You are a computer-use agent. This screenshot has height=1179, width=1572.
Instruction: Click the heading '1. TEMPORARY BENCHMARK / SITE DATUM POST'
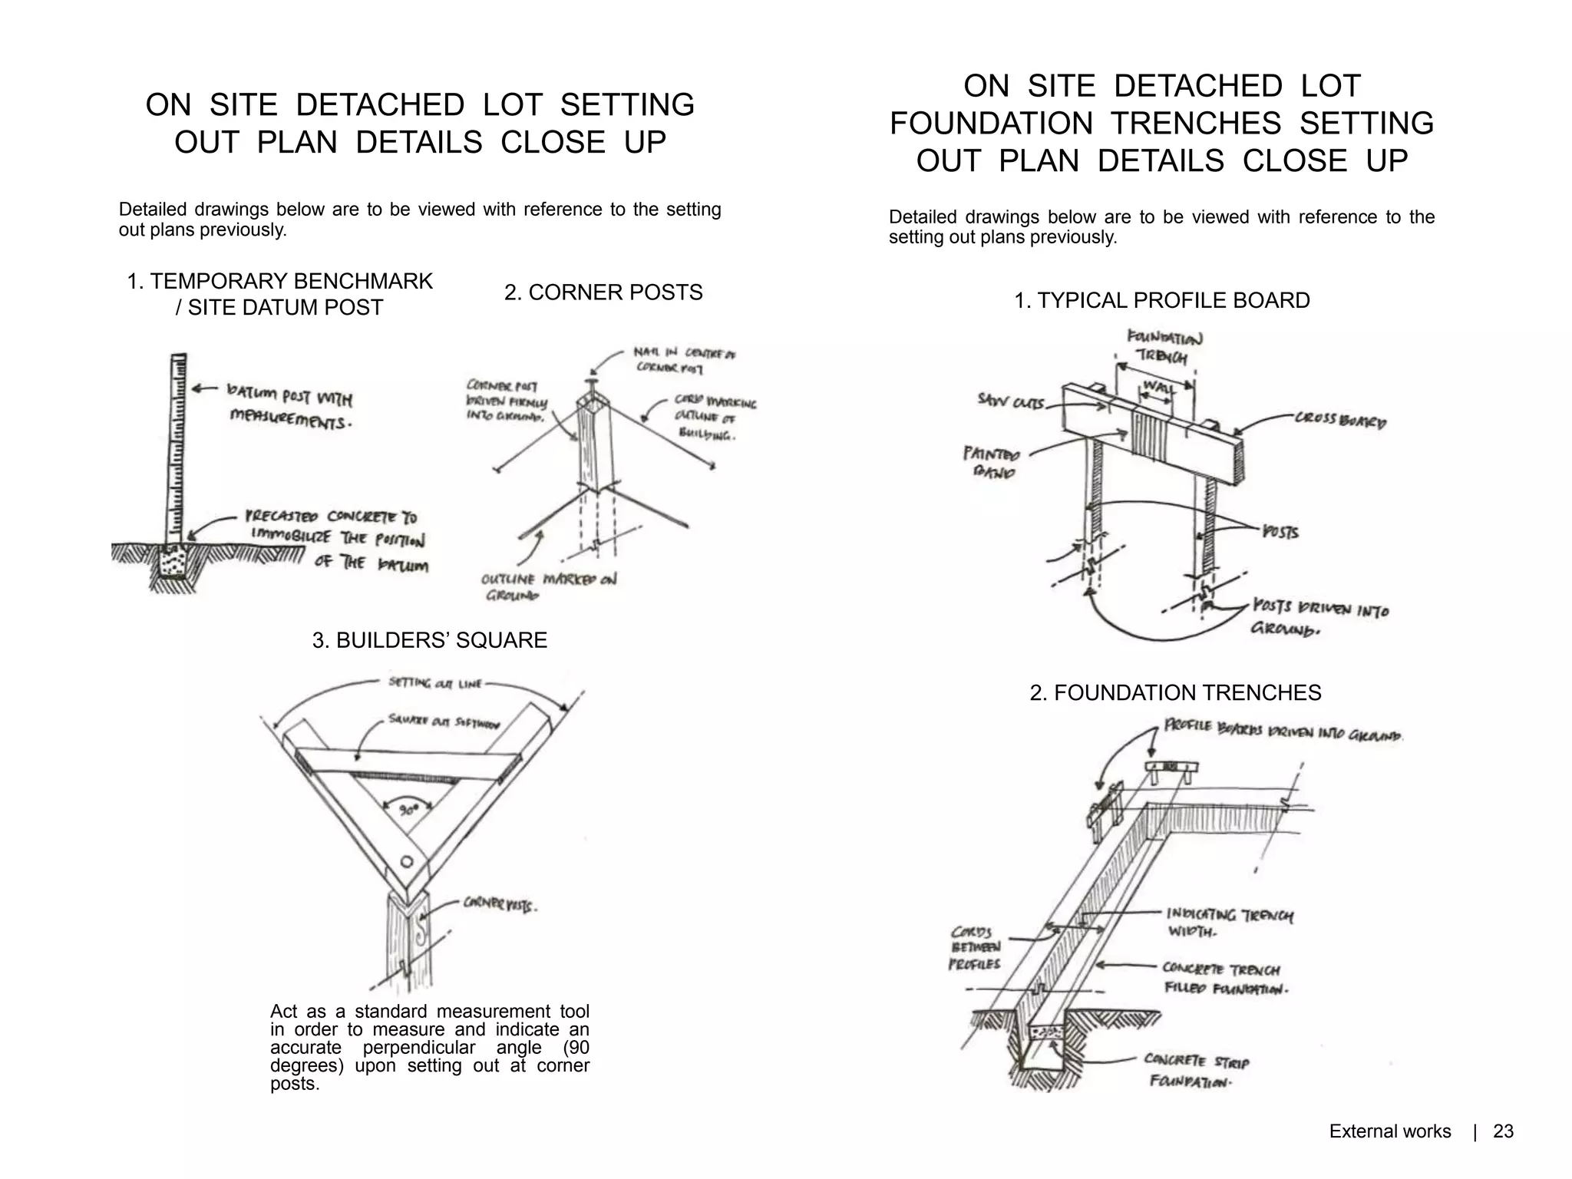click(279, 294)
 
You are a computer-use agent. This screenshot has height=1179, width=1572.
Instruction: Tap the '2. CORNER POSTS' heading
click(603, 292)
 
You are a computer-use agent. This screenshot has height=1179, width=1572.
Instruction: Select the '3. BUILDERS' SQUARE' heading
click(430, 640)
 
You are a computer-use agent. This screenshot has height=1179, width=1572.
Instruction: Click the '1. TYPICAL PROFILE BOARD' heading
click(1161, 300)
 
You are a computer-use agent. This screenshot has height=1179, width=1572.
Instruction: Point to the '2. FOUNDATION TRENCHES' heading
click(1175, 692)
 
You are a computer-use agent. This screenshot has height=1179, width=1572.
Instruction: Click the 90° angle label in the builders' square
click(408, 810)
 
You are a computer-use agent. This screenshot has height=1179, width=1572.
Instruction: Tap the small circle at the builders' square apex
click(408, 860)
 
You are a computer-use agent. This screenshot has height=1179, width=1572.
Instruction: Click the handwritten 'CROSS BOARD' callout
click(1340, 420)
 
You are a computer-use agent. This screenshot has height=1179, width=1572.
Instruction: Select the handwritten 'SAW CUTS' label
click(1010, 401)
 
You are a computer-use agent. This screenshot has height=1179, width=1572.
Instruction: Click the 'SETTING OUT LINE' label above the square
click(434, 682)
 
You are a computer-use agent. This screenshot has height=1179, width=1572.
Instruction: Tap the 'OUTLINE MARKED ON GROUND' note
click(548, 586)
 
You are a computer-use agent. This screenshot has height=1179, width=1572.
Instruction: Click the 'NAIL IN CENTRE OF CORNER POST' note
click(683, 360)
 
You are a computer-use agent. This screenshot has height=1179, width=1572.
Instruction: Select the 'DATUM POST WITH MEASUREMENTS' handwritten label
click(290, 408)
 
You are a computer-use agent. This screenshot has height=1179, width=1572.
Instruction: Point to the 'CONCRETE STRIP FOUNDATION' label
click(1195, 1070)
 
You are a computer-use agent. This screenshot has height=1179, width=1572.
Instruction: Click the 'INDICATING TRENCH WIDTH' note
click(1229, 922)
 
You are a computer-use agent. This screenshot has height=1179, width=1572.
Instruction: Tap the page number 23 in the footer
click(1503, 1131)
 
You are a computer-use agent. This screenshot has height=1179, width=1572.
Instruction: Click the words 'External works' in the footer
click(1389, 1131)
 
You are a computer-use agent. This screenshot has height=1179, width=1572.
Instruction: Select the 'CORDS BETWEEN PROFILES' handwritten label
click(975, 948)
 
